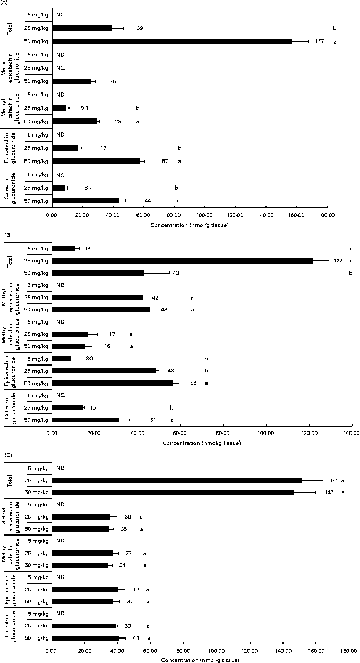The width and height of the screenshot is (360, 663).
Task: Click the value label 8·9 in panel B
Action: (89, 359)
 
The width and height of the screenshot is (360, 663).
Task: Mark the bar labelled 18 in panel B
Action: (63, 249)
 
